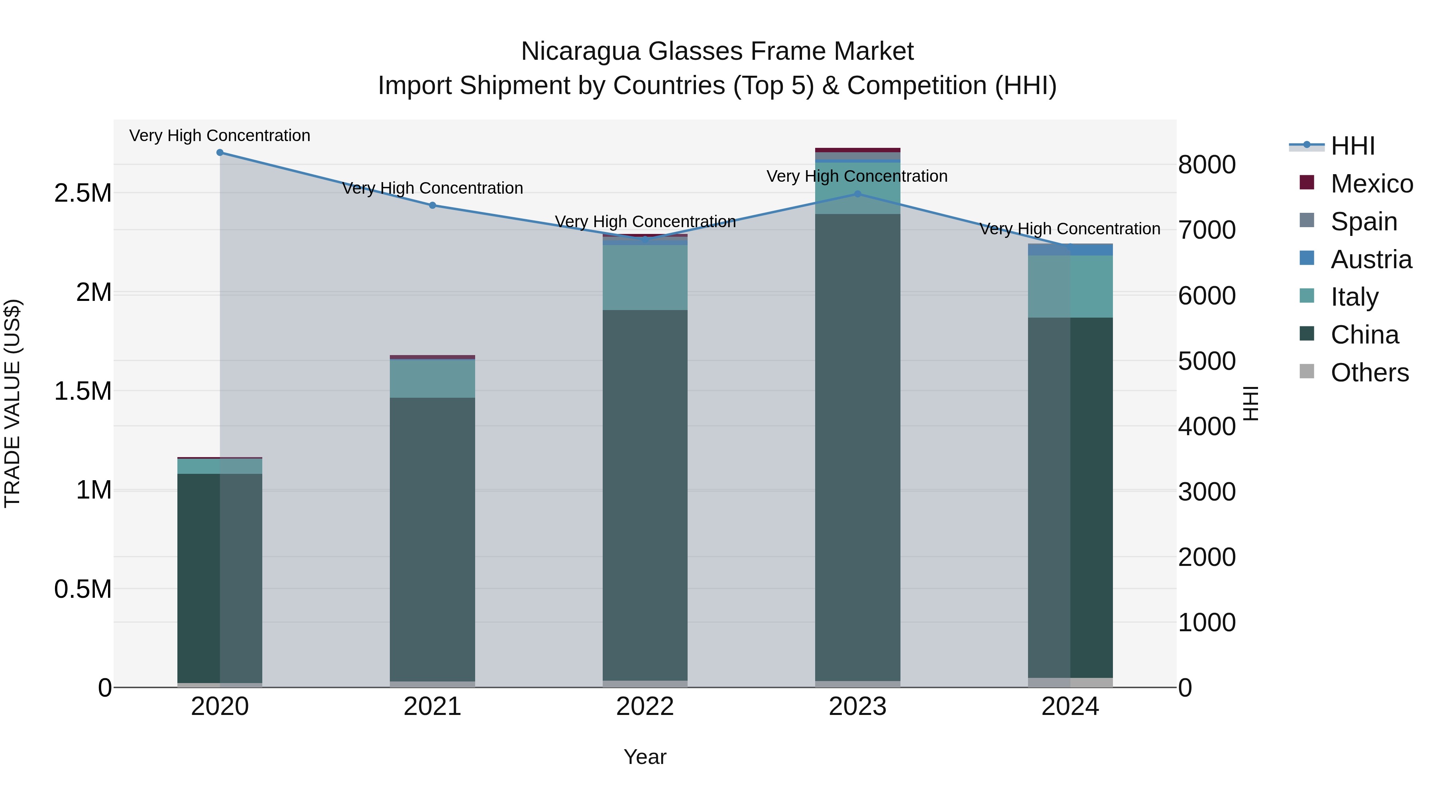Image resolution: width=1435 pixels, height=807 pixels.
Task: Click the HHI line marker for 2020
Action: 220,153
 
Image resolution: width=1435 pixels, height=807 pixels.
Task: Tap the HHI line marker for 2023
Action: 858,194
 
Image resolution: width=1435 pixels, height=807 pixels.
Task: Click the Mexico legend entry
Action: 1372,184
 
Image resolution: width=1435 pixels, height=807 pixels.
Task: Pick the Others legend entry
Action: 1369,373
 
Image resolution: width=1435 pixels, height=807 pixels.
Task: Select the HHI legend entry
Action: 1352,146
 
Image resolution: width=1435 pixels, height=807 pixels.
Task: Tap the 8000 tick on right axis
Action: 1207,165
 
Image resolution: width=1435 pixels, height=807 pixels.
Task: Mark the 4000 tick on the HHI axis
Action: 1207,426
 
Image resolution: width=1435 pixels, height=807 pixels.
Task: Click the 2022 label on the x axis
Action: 645,707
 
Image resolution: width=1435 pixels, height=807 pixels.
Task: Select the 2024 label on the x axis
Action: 1070,707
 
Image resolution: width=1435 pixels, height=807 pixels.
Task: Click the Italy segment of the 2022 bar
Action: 645,277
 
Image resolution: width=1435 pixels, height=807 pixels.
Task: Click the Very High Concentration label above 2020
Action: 220,135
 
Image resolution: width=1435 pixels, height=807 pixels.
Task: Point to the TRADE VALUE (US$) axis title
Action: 12,403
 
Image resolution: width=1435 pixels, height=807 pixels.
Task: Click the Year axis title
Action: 645,757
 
